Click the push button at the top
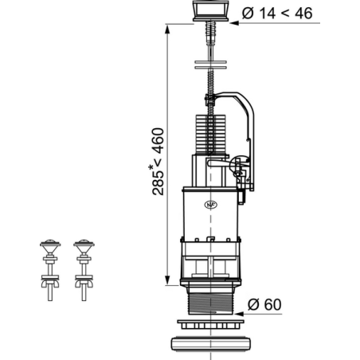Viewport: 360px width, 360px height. coord(211,10)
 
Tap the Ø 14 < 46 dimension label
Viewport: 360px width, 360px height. coord(277,13)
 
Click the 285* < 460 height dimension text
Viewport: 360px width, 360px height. coord(158,162)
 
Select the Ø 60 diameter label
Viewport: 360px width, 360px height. coord(264,304)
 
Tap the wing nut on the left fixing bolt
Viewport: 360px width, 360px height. coord(50,284)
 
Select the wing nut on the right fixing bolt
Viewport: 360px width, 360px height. coord(84,284)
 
